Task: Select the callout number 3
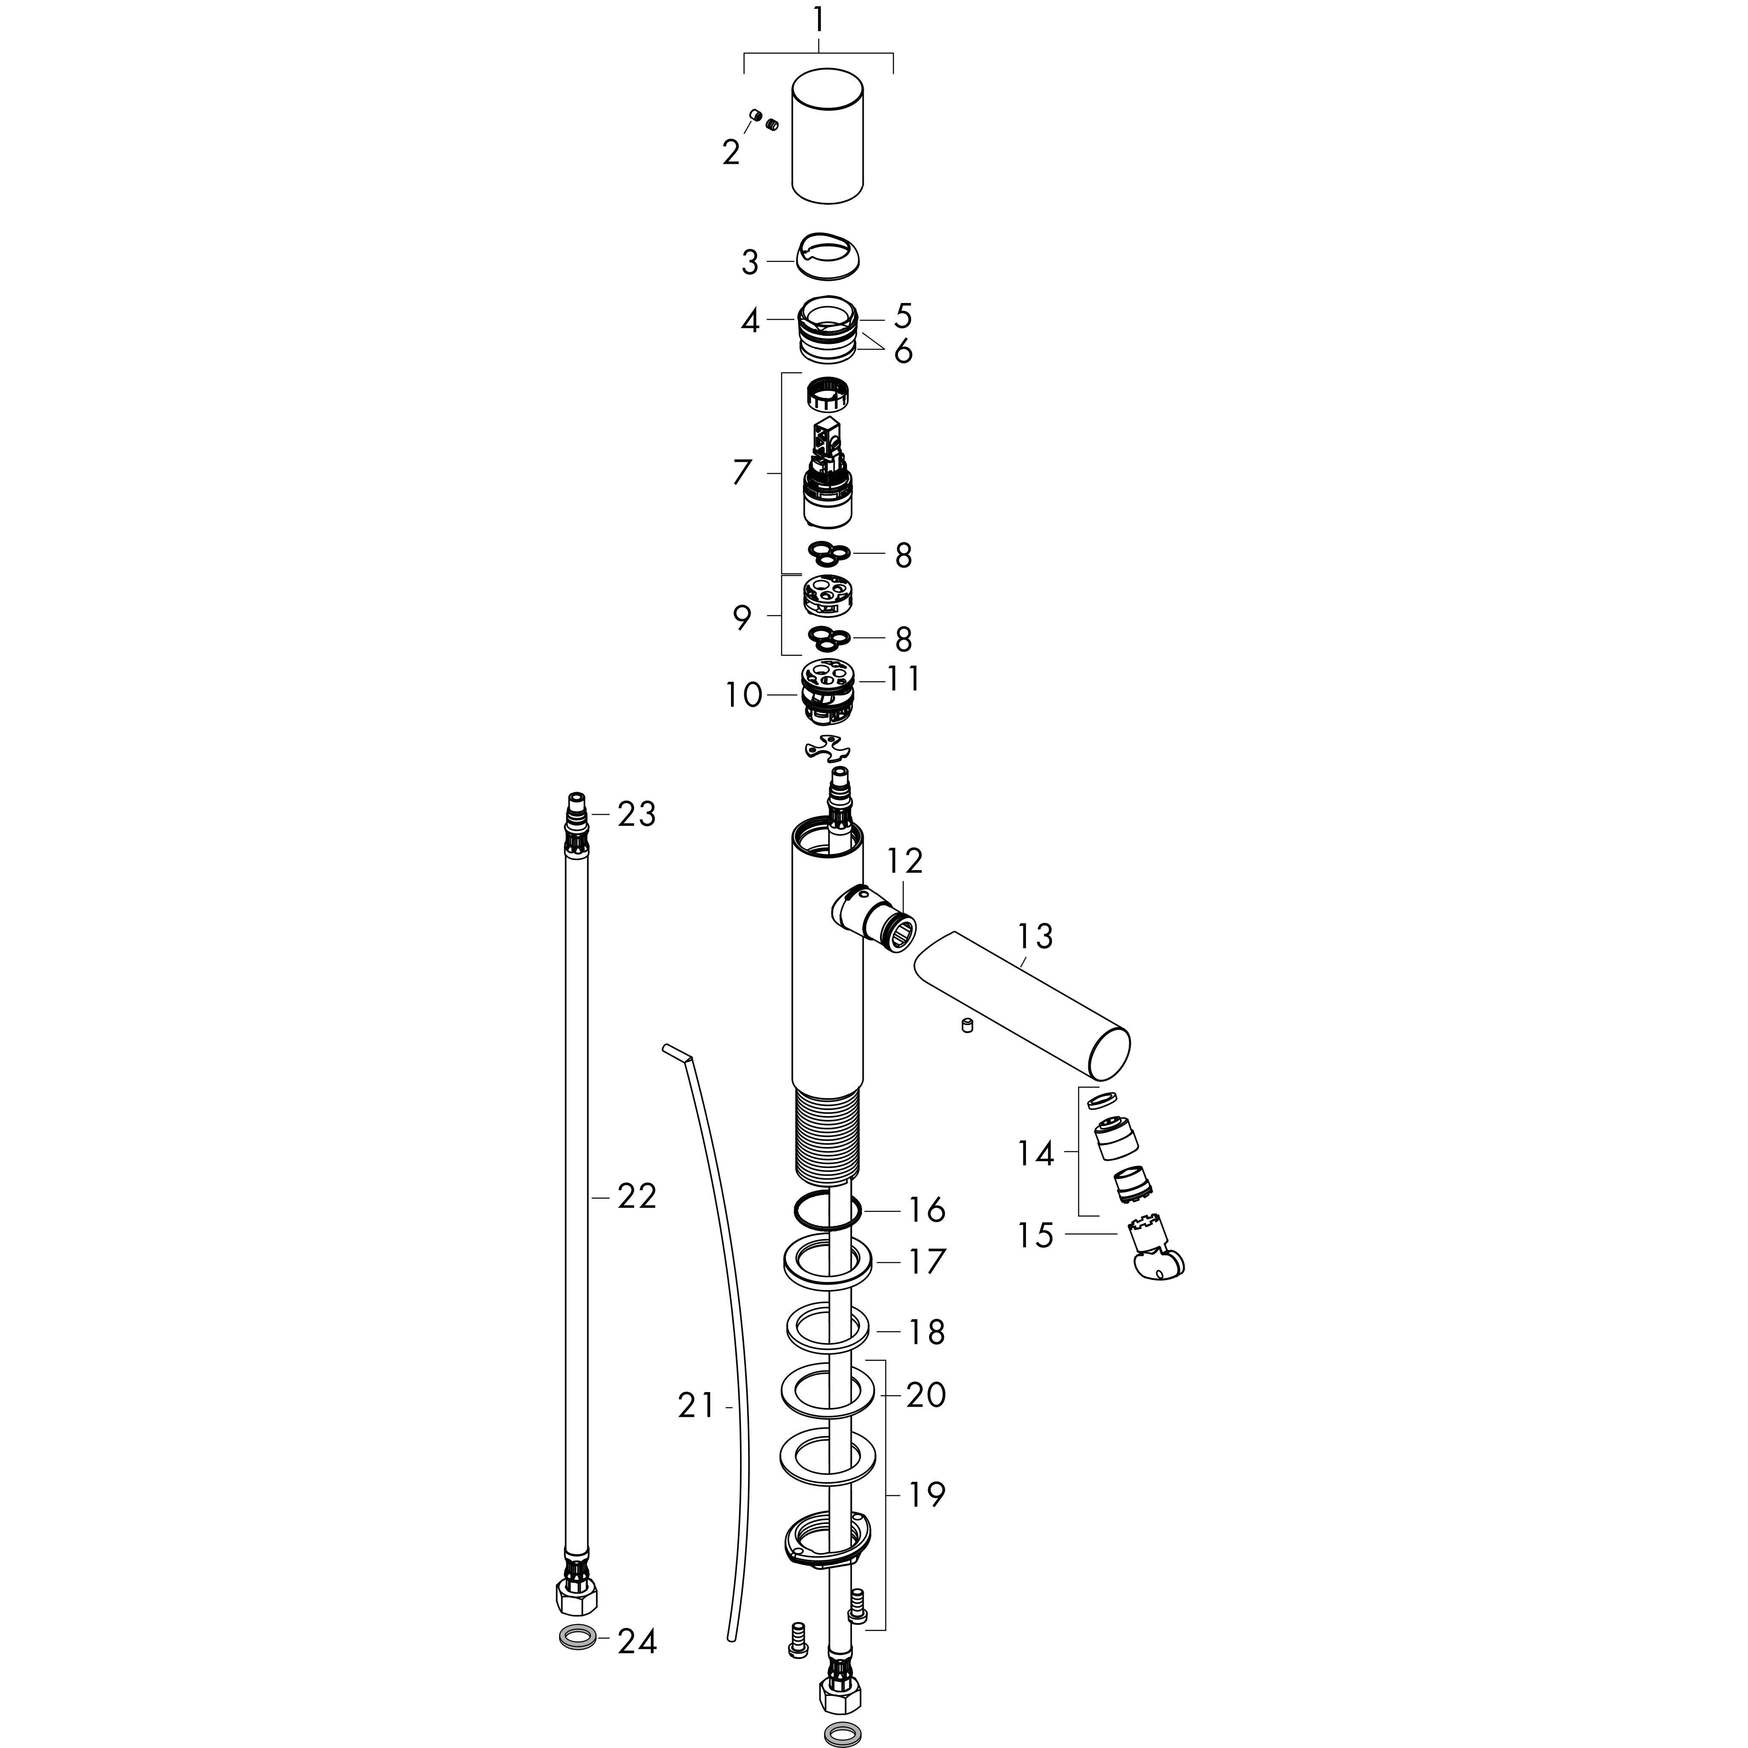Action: tap(750, 263)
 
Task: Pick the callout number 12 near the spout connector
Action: tap(905, 861)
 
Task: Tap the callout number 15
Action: tap(1036, 1235)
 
